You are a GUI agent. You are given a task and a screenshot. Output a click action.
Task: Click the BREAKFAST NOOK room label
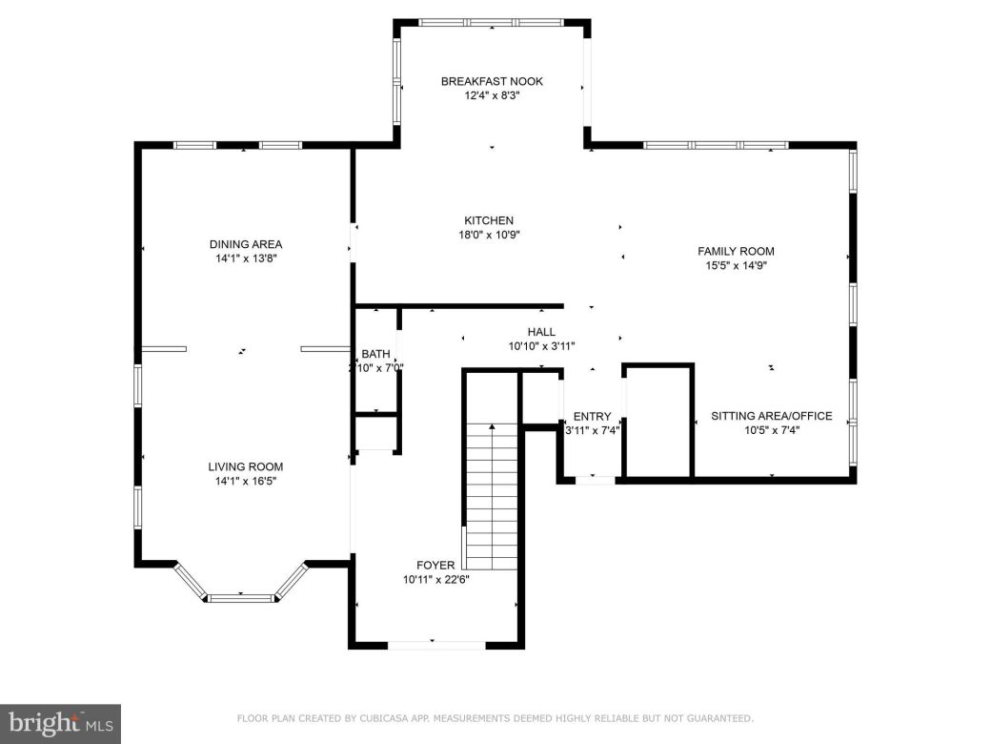[492, 81]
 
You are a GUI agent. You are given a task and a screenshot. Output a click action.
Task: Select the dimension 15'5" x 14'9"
[736, 266]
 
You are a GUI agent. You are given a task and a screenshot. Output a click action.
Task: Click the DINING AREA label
[246, 243]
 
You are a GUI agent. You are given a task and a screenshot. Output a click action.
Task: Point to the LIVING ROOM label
[246, 466]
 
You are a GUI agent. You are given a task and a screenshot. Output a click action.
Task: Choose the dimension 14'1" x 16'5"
[246, 481]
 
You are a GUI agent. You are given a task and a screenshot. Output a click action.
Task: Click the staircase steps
[493, 496]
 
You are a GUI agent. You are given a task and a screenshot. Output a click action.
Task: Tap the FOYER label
[435, 565]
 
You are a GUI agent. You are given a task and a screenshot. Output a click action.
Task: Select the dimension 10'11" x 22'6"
[435, 579]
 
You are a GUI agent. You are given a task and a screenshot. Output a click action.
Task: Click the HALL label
[541, 332]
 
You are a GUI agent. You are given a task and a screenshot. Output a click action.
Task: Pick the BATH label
[375, 354]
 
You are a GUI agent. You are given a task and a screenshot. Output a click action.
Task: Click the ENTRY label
[592, 416]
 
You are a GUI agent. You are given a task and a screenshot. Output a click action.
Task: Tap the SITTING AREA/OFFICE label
[771, 416]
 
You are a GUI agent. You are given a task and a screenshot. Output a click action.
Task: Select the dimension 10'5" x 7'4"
[771, 430]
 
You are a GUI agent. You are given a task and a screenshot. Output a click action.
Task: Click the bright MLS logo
[59, 723]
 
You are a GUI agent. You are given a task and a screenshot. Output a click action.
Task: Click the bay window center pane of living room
[240, 598]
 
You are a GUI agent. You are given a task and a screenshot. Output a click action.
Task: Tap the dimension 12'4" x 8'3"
[492, 95]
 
